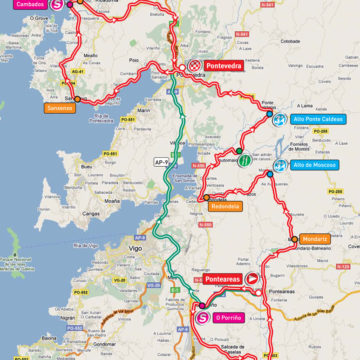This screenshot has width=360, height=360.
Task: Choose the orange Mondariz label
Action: (x=313, y=240)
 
